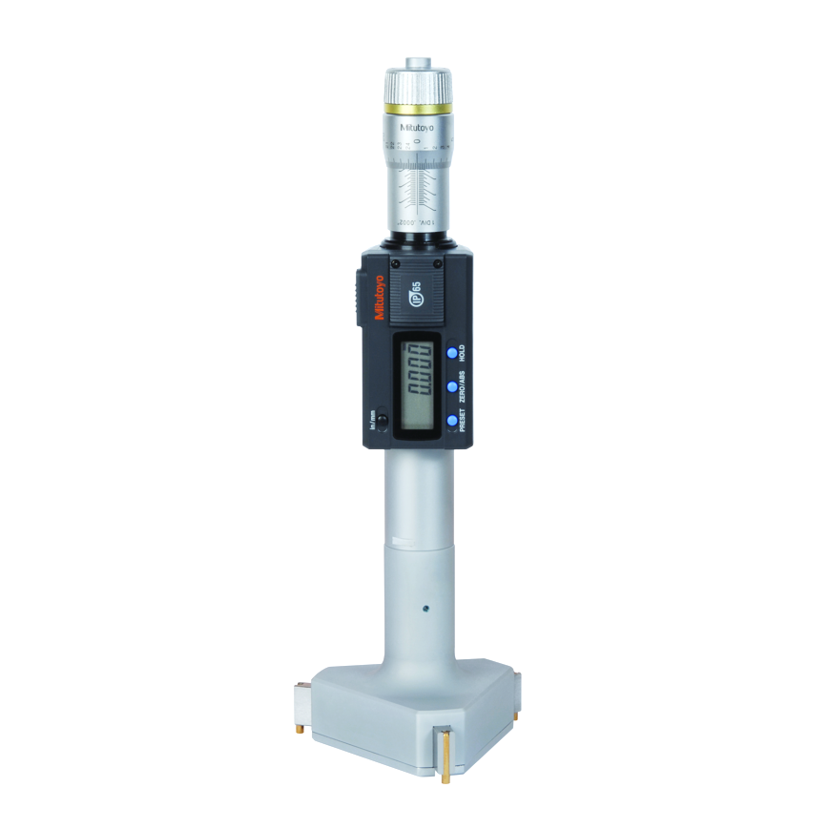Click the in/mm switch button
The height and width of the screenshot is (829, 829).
coord(383,421)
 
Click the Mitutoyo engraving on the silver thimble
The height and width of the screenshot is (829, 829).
coord(418,125)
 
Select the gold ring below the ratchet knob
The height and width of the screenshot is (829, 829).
coord(418,108)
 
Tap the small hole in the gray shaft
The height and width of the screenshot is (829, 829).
coord(426,607)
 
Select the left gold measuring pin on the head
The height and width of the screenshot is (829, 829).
coord(298,728)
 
